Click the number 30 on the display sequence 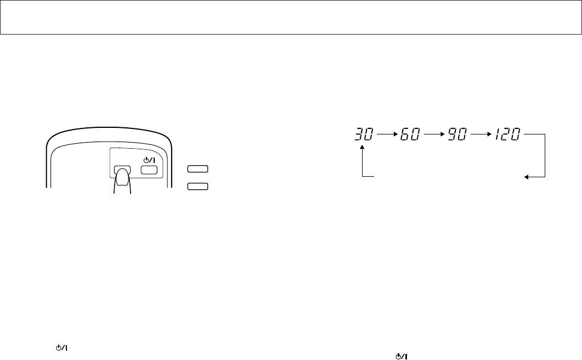click(364, 134)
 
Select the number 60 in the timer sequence click(410, 134)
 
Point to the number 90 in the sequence click(456, 134)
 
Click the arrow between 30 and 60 click(387, 133)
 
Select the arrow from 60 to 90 click(434, 133)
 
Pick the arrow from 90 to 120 click(481, 133)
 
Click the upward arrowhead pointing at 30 click(362, 147)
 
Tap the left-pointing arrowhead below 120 click(526, 177)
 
